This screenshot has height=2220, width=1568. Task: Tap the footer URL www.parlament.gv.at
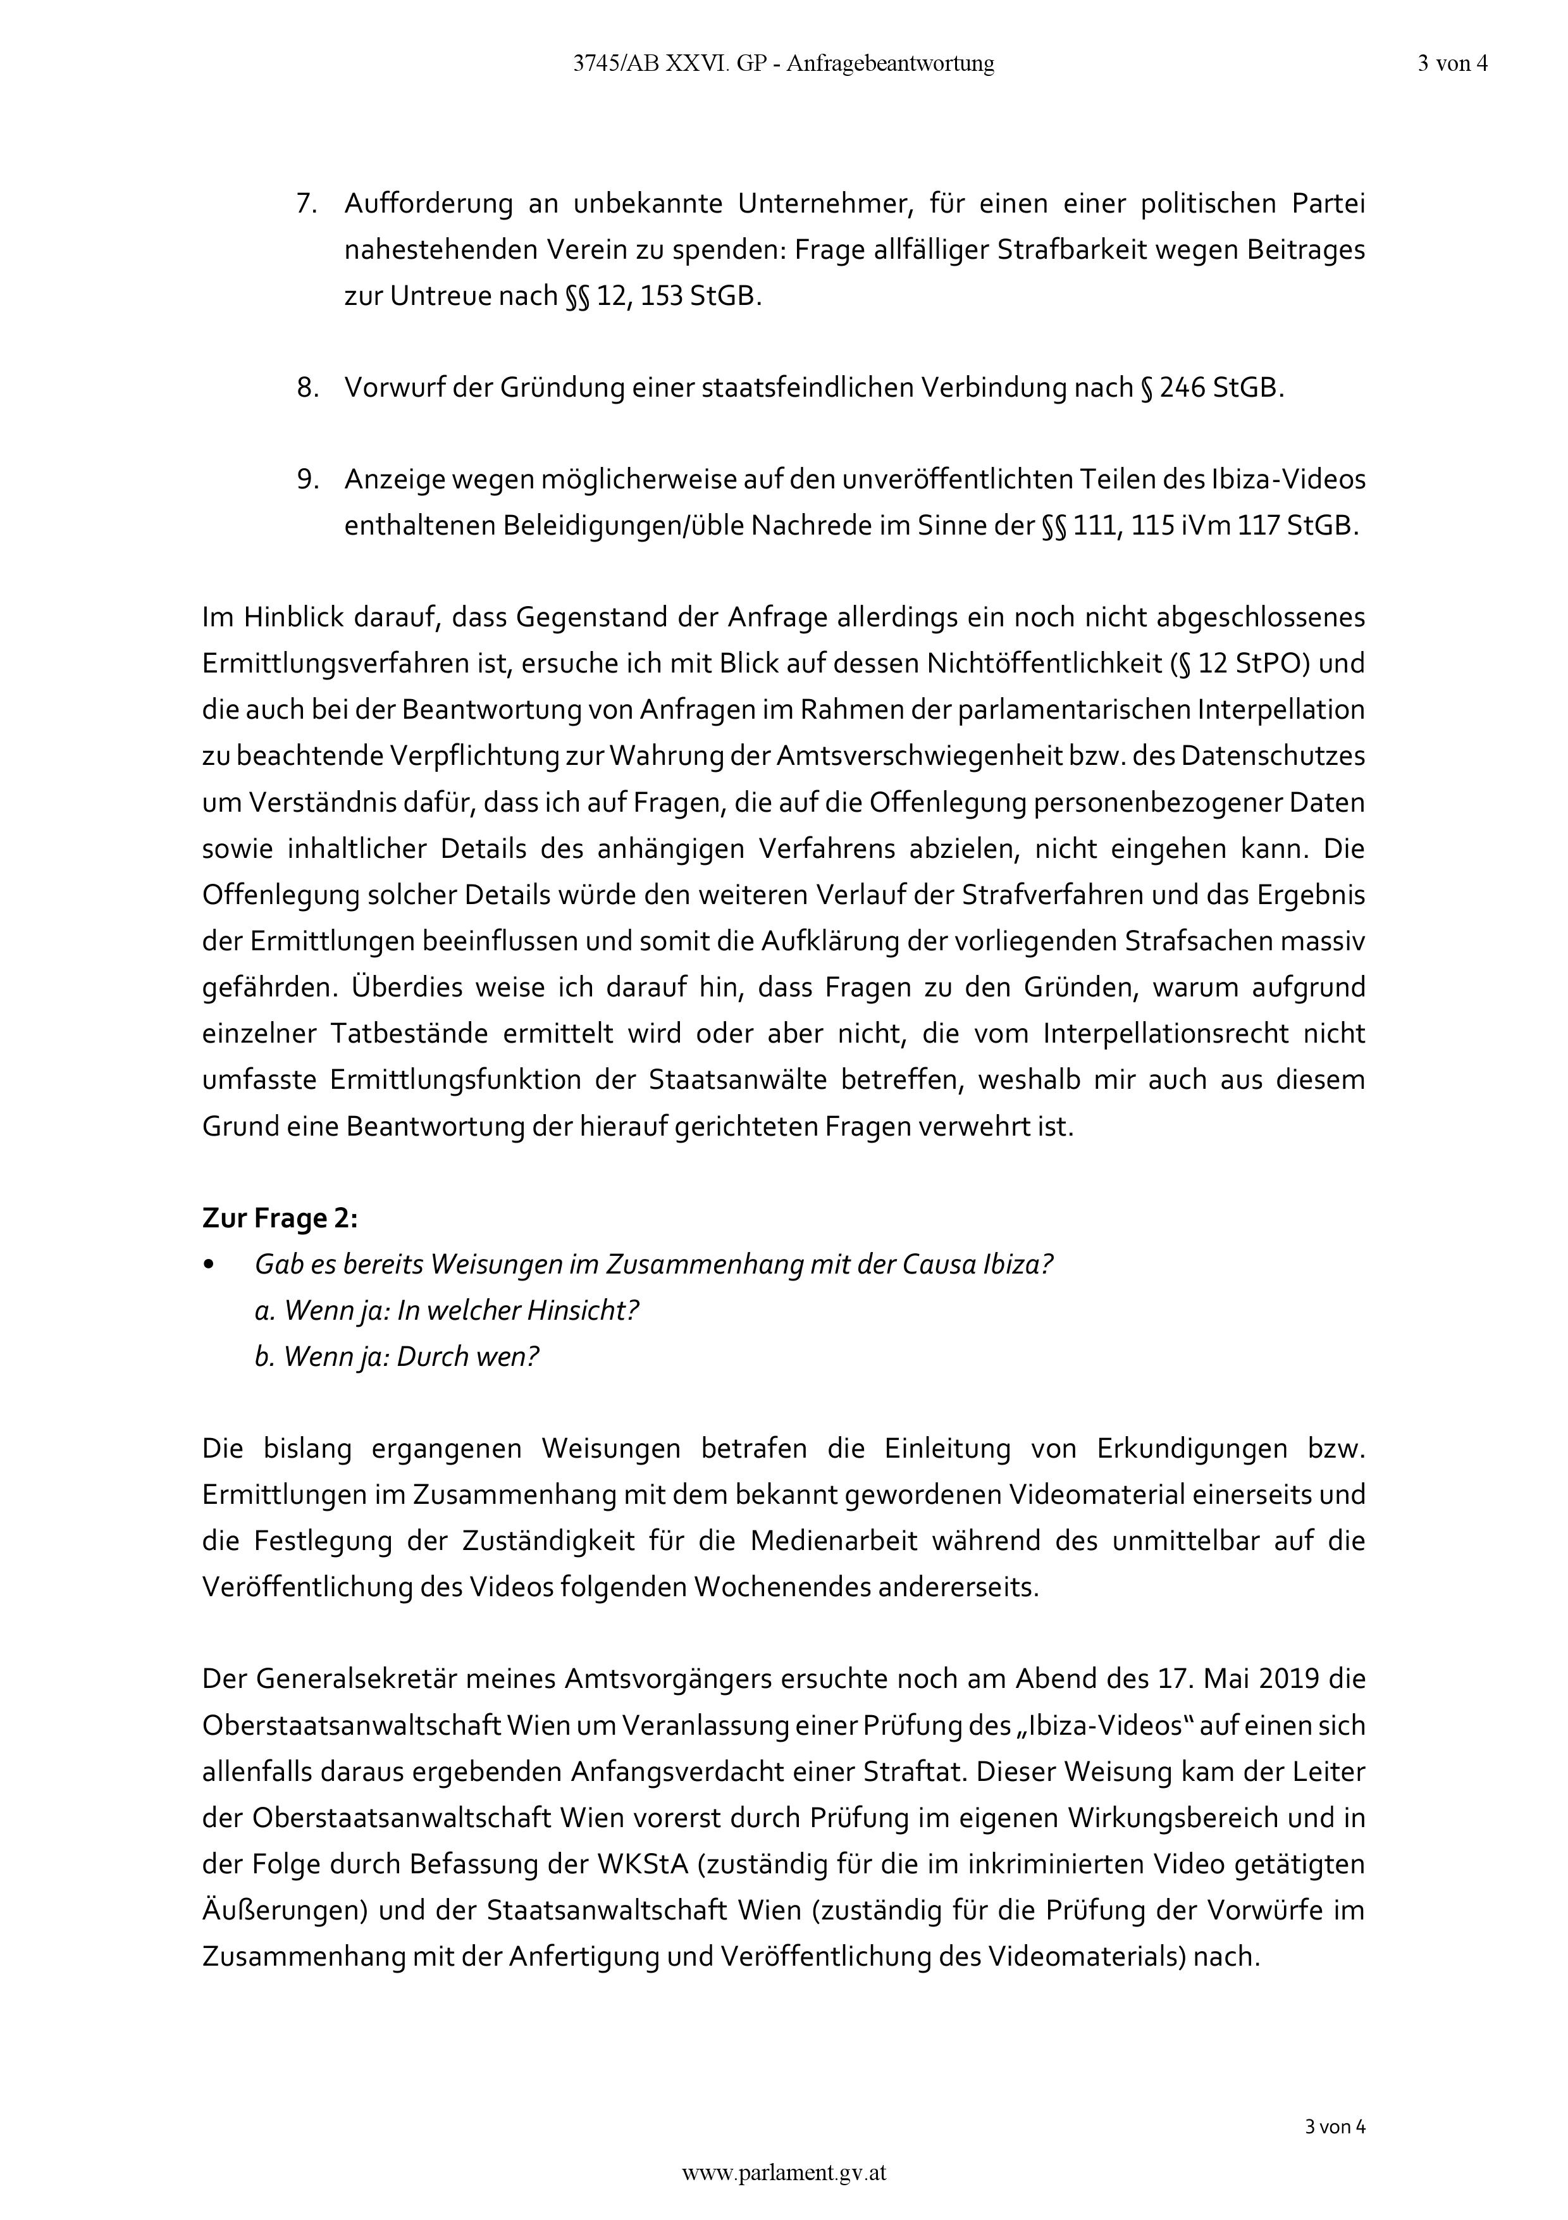[784, 2173]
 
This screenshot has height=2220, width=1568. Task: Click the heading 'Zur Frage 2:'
[280, 1219]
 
